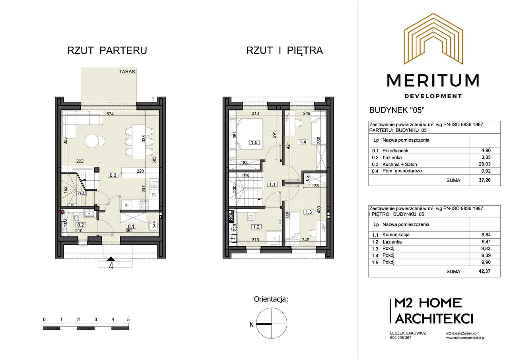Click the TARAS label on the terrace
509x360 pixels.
(127, 72)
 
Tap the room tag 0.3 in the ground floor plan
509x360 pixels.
(113, 175)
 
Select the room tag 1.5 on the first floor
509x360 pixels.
(254, 142)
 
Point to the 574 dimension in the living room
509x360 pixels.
(110, 114)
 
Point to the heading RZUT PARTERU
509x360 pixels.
(107, 51)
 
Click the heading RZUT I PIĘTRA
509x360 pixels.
(284, 50)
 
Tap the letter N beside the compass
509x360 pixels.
(252, 325)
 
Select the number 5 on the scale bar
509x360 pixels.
(128, 319)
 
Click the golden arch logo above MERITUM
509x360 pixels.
(433, 39)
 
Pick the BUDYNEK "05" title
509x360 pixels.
(397, 110)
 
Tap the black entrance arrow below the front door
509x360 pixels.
(111, 259)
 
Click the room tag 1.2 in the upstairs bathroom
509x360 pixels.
(256, 227)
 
